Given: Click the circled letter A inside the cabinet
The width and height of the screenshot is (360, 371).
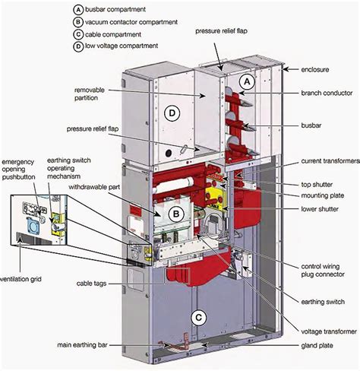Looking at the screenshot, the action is [247, 81].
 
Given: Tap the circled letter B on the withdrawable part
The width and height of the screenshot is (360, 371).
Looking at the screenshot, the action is [176, 214].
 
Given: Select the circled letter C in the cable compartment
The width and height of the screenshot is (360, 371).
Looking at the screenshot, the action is [199, 318].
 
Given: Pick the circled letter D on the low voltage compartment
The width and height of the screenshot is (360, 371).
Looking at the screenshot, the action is [172, 113].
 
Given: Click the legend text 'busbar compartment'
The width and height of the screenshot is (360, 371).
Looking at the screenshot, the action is [115, 10].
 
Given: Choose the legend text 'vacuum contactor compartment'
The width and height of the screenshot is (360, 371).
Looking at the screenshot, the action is [131, 22].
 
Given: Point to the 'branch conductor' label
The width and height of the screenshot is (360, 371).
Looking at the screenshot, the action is [327, 93].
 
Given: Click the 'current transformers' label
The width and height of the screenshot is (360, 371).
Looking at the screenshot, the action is [330, 161].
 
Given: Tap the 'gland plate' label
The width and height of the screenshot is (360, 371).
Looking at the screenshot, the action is [317, 345].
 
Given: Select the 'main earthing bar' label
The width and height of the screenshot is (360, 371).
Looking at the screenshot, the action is [82, 345].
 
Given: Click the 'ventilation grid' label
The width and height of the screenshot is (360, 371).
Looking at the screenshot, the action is [21, 279].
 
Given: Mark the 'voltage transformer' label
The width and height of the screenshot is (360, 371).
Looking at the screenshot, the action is [329, 331].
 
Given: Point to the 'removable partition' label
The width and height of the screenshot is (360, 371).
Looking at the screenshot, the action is [90, 94].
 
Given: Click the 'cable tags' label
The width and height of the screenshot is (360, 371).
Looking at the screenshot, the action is [91, 284].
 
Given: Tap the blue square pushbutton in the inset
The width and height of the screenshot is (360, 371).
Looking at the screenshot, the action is [33, 225].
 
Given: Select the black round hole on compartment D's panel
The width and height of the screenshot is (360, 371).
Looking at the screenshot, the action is [169, 153].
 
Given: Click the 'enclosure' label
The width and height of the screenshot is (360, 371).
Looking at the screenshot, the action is [315, 69].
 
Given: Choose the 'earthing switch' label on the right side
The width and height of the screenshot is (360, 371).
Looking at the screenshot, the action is [323, 302].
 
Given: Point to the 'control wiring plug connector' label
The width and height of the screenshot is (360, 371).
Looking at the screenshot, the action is [323, 271].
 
